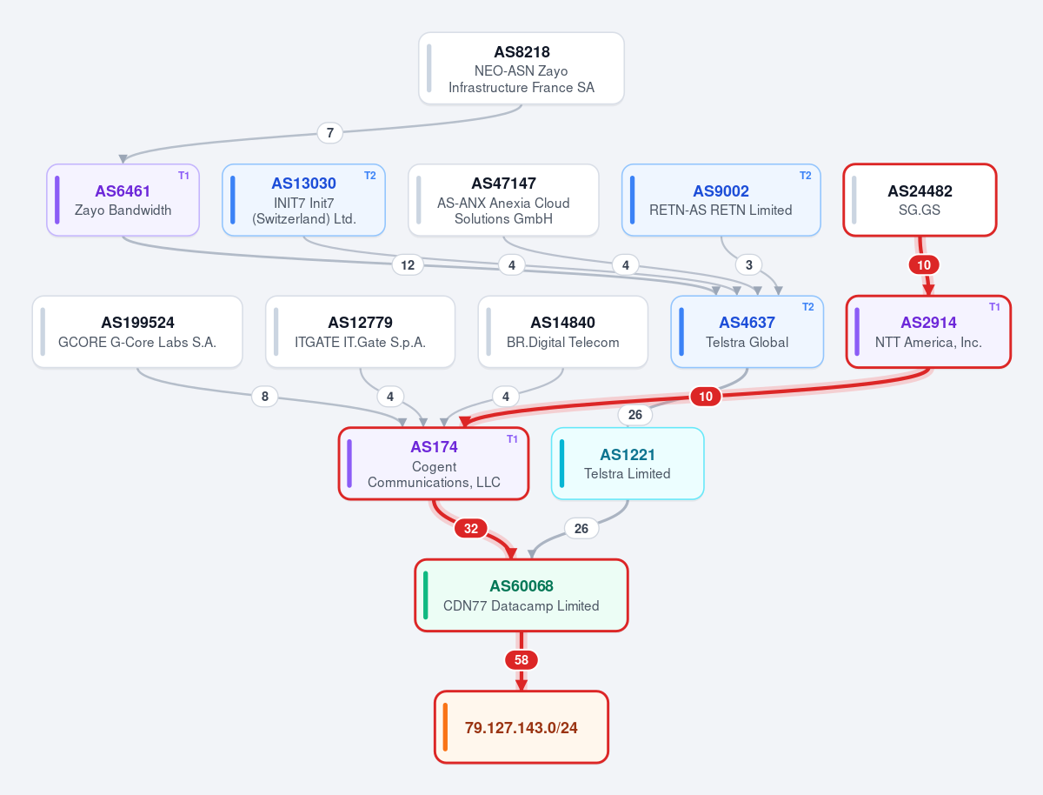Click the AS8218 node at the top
coord(521,68)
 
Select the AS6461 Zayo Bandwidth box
coord(123,200)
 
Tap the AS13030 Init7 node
coord(303,200)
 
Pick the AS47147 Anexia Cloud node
coord(503,200)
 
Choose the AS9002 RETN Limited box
coord(721,200)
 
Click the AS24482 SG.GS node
coord(920,200)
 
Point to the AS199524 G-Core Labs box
coord(137,332)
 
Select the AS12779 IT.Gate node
coord(360,332)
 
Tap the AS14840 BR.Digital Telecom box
coord(563,332)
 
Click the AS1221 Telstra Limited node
coord(628,464)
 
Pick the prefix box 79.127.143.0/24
coord(521,727)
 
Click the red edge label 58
coord(521,660)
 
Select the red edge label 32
coord(471,528)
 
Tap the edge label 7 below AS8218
coord(329,133)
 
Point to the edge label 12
coord(408,264)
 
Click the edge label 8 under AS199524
coord(265,396)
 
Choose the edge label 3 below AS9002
coord(749,264)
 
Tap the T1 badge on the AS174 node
coord(512,439)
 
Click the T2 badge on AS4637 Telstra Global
coord(807,307)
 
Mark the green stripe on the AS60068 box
coord(425,595)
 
